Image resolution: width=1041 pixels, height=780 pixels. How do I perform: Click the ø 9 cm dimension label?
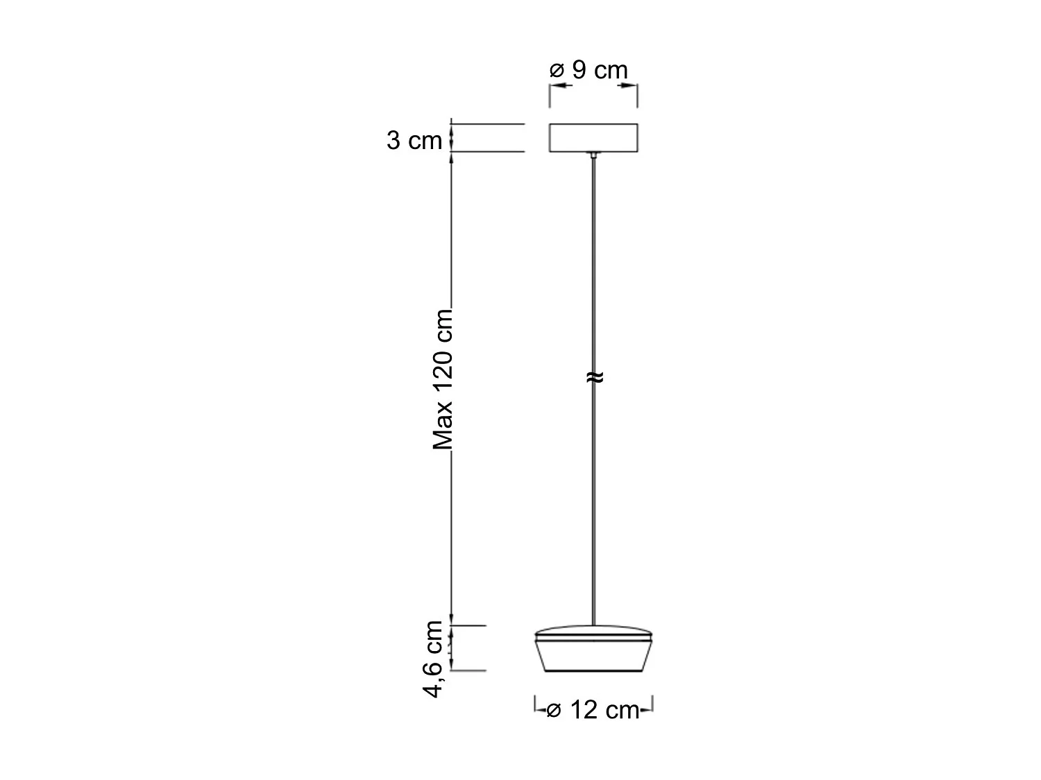589,70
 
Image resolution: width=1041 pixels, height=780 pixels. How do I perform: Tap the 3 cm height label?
414,141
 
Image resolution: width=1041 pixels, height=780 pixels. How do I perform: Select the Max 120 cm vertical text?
443,379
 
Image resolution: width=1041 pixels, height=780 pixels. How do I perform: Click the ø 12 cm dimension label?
593,711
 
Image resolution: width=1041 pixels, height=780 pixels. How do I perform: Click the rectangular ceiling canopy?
593,137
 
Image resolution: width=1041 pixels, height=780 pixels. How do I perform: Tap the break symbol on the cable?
594,377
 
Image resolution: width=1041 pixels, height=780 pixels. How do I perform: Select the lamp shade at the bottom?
593,655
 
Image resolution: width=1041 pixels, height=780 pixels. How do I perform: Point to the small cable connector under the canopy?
593,155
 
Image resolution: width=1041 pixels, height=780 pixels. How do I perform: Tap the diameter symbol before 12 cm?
553,711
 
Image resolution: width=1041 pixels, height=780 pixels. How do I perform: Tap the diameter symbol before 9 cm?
557,71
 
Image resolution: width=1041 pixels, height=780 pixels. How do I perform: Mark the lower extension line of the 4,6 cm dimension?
468,670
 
